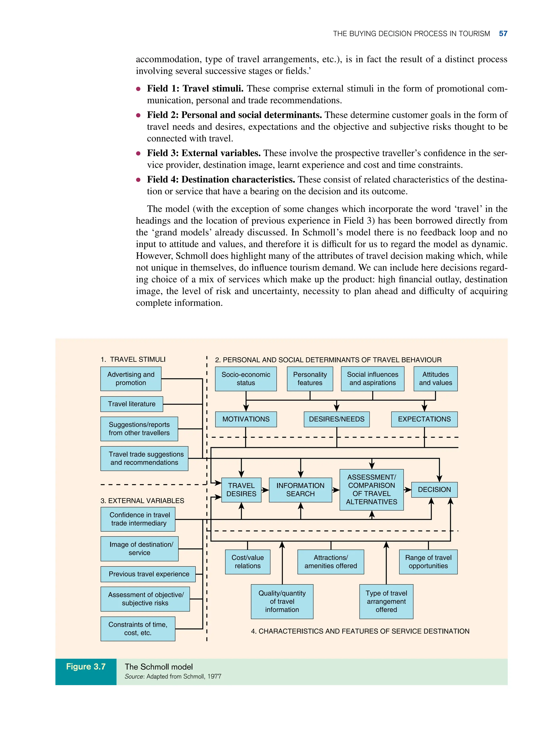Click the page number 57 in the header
503,34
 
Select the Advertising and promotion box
131,378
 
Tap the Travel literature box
132,404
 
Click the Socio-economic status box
246,379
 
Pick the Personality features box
310,379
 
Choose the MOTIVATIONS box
246,419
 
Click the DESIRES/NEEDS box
337,419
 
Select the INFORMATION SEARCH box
300,490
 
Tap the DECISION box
434,490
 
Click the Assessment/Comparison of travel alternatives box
371,490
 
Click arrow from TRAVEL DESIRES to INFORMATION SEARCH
265,490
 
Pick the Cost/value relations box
248,562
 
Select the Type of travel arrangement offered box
386,601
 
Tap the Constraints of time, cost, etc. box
138,629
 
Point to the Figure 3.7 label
86,667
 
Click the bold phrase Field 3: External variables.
204,153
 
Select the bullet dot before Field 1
138,89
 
